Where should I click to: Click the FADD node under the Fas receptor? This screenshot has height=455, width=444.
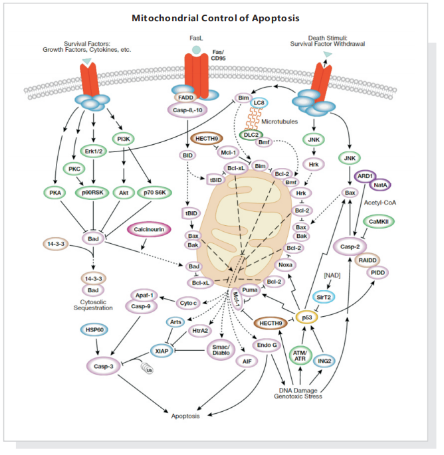pyautogui.click(x=185, y=96)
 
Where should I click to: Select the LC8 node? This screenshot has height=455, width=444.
pyautogui.click(x=259, y=104)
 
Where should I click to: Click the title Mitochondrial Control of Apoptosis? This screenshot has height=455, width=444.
pyautogui.click(x=221, y=18)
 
